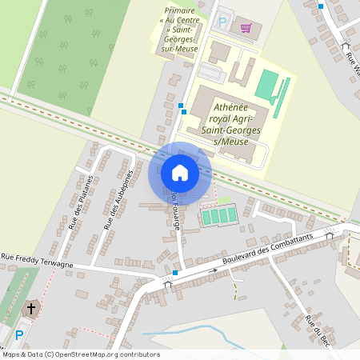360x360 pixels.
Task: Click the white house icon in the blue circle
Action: (x=179, y=172)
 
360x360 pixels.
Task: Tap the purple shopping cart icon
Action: (x=246, y=28)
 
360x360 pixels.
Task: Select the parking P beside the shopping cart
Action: (x=222, y=22)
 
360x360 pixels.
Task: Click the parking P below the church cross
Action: (x=19, y=334)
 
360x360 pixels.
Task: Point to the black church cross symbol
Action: (x=31, y=307)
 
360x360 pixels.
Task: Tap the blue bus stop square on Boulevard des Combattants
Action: (x=175, y=273)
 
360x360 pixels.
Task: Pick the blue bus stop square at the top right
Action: (x=321, y=6)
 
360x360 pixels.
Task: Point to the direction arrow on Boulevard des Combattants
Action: (x=214, y=270)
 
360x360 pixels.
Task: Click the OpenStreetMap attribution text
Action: (x=70, y=354)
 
